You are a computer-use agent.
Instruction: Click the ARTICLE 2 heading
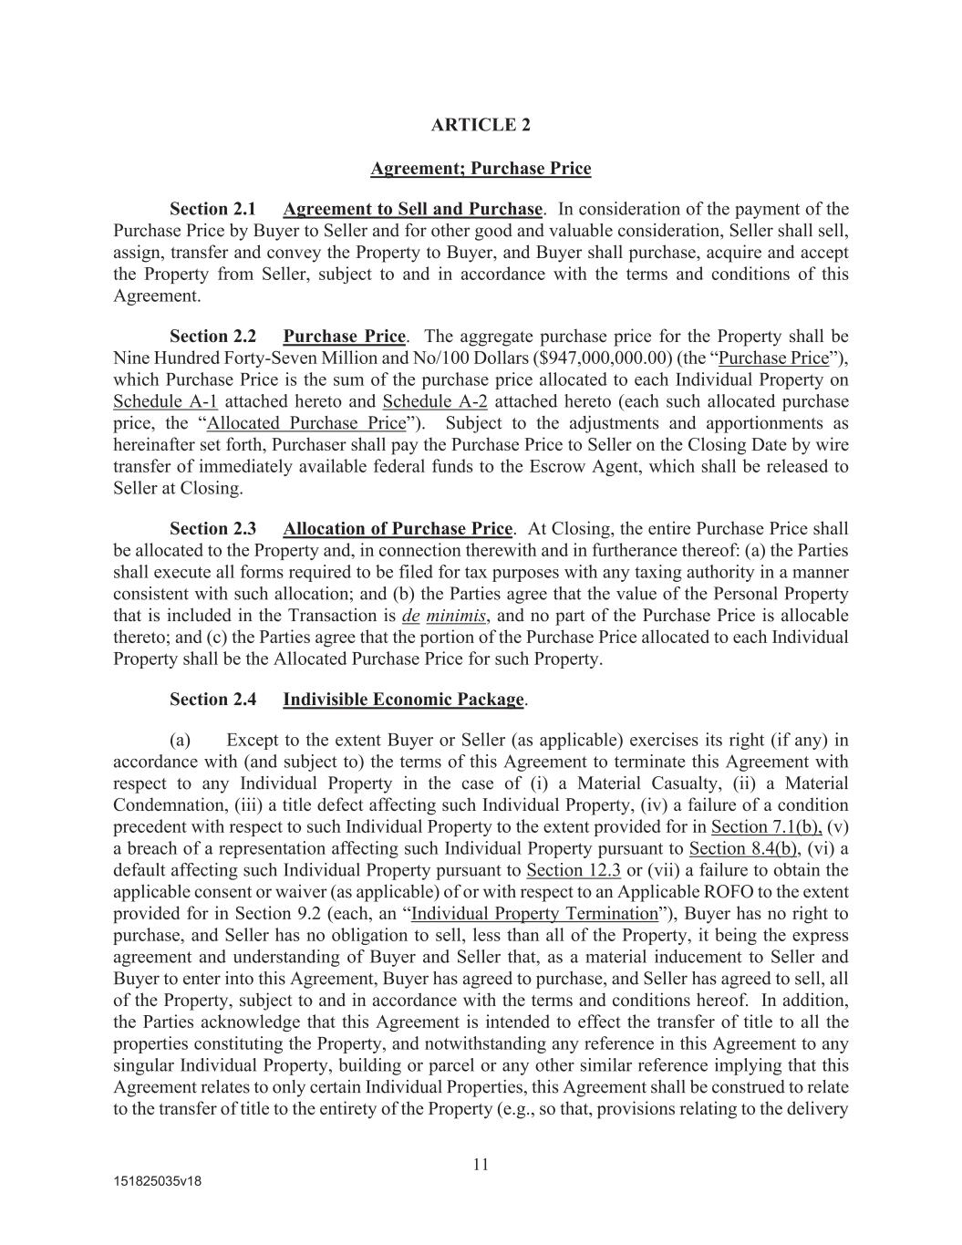[x=481, y=125]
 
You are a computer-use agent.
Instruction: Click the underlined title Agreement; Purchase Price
[x=481, y=169]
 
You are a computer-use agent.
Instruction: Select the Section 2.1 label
[x=212, y=209]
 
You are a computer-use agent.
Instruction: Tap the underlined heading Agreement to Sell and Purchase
[x=412, y=209]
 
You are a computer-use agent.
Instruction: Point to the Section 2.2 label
[x=212, y=336]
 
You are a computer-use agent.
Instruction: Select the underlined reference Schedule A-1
[x=165, y=401]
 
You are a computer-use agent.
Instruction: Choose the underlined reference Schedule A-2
[x=435, y=401]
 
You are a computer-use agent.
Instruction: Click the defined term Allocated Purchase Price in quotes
[x=306, y=423]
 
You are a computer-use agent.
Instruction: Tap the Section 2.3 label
[x=212, y=529]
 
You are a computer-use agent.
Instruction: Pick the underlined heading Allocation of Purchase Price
[x=398, y=529]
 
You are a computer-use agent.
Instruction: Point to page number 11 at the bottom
[x=481, y=1164]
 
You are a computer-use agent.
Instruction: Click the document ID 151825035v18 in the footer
[x=157, y=1181]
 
